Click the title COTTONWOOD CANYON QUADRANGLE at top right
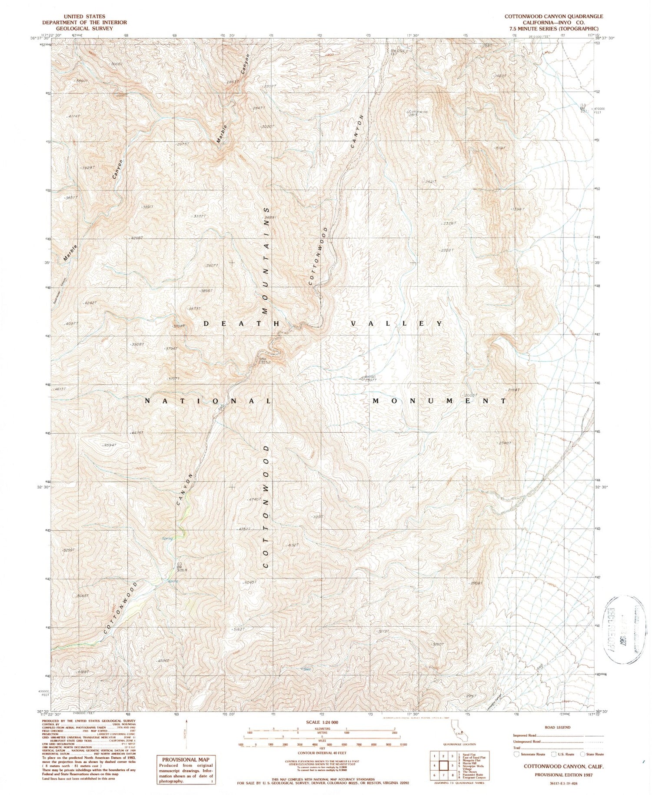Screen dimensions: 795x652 pos(553,16)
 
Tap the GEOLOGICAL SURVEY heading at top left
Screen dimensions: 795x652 pos(84,29)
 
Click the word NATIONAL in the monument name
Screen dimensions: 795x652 pos(208,401)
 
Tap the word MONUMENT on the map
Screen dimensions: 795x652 pos(439,401)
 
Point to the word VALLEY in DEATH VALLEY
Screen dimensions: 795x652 pos(397,324)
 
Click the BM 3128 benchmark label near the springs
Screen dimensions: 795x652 pos(182,568)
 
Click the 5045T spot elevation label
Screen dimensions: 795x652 pos(248,582)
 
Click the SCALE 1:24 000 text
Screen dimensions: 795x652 pos(322,722)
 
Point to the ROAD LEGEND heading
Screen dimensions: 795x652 pos(558,727)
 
